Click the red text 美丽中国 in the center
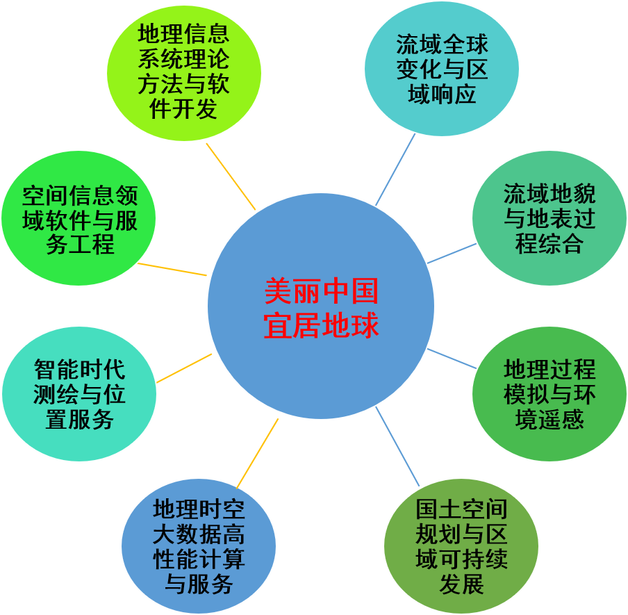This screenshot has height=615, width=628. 321,292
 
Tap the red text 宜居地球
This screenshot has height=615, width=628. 321,325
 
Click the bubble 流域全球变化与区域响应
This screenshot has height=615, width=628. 442,69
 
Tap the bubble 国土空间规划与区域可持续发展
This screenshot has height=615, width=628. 461,546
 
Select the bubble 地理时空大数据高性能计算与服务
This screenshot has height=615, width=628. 199,546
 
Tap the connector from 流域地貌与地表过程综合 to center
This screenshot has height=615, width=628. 452,253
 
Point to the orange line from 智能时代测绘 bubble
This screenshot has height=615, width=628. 184,368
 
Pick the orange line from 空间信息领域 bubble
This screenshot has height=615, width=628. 172,269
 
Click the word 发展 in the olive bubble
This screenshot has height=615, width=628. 461,584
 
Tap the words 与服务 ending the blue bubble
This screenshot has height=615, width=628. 199,584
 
